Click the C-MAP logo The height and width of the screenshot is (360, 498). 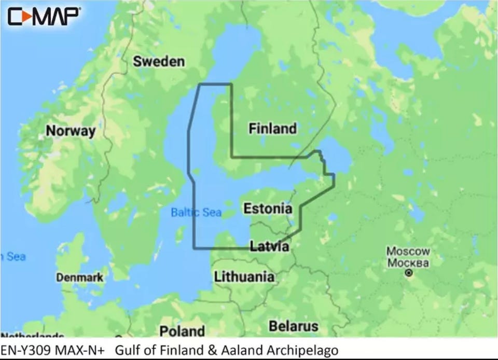point(44,16)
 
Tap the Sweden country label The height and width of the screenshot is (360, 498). point(159,61)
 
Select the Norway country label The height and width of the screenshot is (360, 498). point(71,131)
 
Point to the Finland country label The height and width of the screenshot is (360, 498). point(272,128)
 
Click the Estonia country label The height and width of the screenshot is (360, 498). point(267,209)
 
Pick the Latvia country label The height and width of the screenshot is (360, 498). point(269,246)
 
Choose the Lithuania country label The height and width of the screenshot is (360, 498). point(244,276)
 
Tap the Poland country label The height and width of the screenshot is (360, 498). point(182,330)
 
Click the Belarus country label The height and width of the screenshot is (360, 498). point(293,326)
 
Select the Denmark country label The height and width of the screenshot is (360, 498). point(79,278)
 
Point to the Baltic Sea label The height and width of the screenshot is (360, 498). point(196,212)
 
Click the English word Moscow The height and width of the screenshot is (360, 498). point(408,252)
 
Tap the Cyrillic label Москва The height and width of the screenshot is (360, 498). point(408,262)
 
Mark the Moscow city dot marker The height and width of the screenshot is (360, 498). point(409,272)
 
